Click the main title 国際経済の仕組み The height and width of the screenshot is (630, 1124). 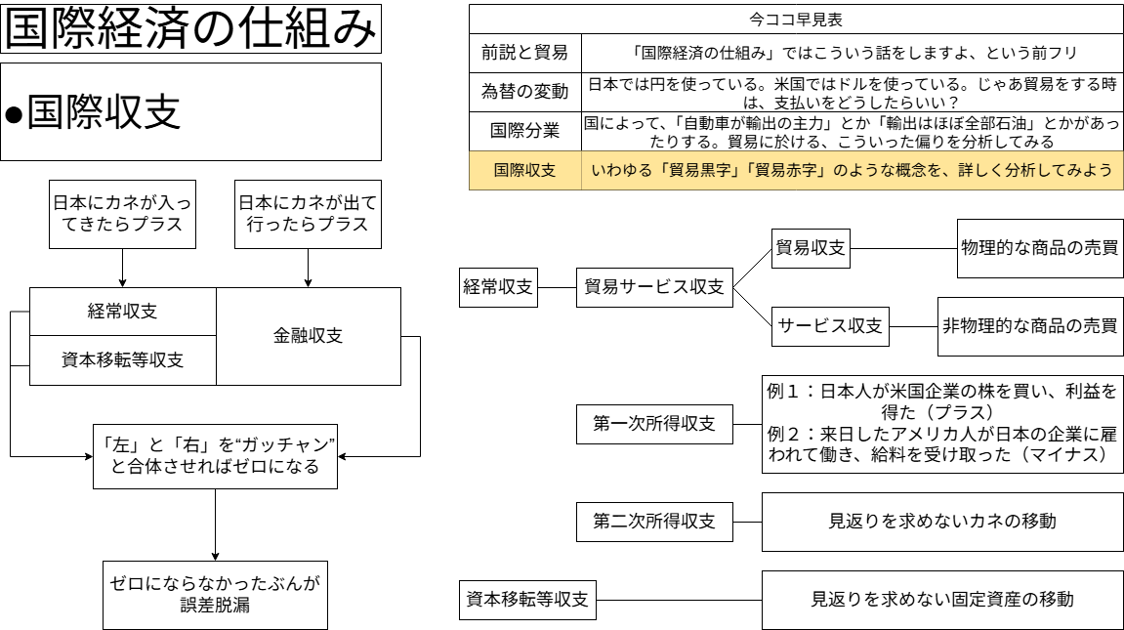(190, 29)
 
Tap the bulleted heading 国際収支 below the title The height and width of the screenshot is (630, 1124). (190, 112)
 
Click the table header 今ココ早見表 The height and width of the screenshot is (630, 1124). (798, 18)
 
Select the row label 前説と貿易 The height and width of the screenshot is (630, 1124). (523, 53)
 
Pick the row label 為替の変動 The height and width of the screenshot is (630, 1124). (523, 92)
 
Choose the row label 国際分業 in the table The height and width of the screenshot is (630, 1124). (523, 132)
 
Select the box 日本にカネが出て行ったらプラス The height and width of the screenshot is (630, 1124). (308, 215)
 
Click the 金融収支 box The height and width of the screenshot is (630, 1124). (308, 337)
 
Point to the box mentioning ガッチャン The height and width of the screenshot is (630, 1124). (215, 455)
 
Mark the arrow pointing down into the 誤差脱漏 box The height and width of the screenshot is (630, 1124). (215, 542)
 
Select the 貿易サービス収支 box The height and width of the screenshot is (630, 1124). (653, 287)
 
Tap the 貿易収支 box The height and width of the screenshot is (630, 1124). (811, 247)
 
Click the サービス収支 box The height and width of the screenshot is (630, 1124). (830, 327)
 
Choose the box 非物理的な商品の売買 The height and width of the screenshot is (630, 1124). (1030, 327)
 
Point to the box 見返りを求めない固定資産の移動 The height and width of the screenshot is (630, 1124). (942, 599)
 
